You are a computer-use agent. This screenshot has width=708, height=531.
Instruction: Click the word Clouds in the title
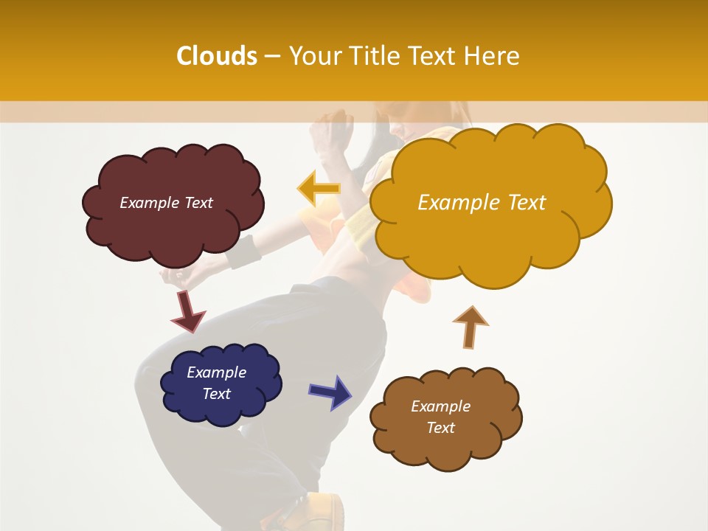pyautogui.click(x=216, y=56)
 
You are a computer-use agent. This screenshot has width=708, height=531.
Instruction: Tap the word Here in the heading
pyautogui.click(x=493, y=56)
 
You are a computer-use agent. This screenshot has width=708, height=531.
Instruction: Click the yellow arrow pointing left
pyautogui.click(x=319, y=189)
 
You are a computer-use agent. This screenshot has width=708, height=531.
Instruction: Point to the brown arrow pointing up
pyautogui.click(x=470, y=327)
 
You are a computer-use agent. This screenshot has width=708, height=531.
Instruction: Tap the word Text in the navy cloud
pyautogui.click(x=217, y=394)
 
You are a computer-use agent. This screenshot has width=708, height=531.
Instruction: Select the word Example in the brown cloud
pyautogui.click(x=440, y=406)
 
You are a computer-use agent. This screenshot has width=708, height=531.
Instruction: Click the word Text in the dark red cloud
pyautogui.click(x=197, y=203)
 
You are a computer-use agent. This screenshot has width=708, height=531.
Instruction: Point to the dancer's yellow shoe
pyautogui.click(x=324, y=512)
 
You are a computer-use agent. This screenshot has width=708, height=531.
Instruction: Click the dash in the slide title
pyautogui.click(x=272, y=57)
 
